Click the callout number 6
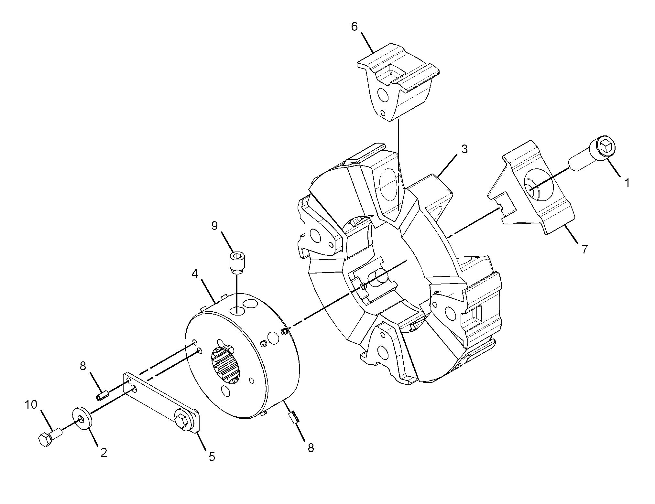click(x=355, y=27)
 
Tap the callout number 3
click(x=464, y=149)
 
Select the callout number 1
click(x=627, y=183)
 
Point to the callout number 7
click(x=584, y=249)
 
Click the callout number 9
click(x=214, y=226)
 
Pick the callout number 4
click(x=194, y=274)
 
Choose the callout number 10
click(x=31, y=404)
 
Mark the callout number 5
click(x=212, y=457)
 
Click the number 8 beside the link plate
click(x=83, y=366)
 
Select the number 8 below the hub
click(x=311, y=448)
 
